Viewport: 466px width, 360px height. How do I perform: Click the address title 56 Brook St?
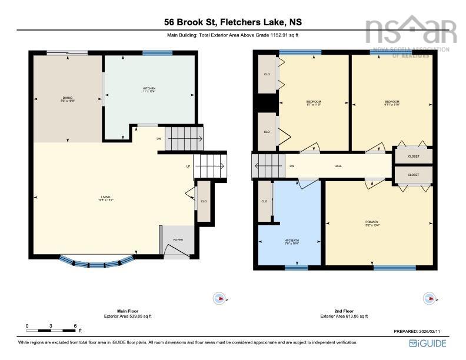[233, 22]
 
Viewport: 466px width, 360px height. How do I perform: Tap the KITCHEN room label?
[148, 89]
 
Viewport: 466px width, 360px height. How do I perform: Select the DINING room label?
[68, 99]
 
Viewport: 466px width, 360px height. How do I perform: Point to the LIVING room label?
[105, 198]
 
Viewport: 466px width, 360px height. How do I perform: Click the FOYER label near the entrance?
[178, 239]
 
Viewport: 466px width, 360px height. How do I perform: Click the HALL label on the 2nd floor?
[338, 166]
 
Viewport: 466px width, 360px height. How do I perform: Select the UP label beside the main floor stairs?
[188, 166]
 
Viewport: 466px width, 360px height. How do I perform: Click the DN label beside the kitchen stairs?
[158, 139]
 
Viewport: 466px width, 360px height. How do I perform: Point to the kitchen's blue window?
[157, 53]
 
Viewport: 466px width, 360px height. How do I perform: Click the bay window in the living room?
[97, 262]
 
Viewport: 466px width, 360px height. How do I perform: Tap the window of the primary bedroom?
[394, 268]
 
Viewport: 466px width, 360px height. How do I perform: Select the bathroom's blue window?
[296, 268]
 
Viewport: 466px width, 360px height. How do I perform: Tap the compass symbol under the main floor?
[219, 299]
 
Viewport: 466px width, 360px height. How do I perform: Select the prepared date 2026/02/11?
[420, 332]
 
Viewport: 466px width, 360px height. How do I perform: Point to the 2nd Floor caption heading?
[344, 311]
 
